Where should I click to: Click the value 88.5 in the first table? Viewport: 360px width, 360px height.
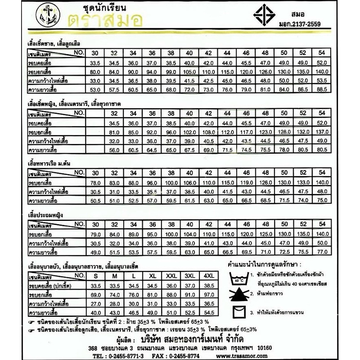[x=319, y=90]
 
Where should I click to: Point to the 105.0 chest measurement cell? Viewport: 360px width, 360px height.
[x=188, y=72]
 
